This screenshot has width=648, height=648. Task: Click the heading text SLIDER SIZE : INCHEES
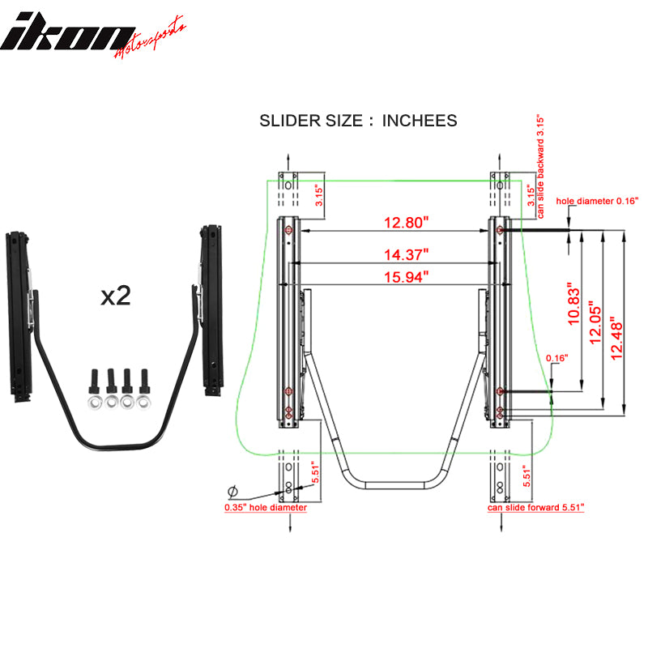click(x=358, y=121)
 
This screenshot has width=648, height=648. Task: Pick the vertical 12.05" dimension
click(x=597, y=324)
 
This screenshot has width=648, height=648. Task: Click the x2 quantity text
click(x=116, y=296)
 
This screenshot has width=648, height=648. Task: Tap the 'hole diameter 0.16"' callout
click(x=597, y=199)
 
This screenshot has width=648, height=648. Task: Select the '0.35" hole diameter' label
click(x=266, y=508)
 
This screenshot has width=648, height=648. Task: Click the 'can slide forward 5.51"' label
click(x=535, y=508)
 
